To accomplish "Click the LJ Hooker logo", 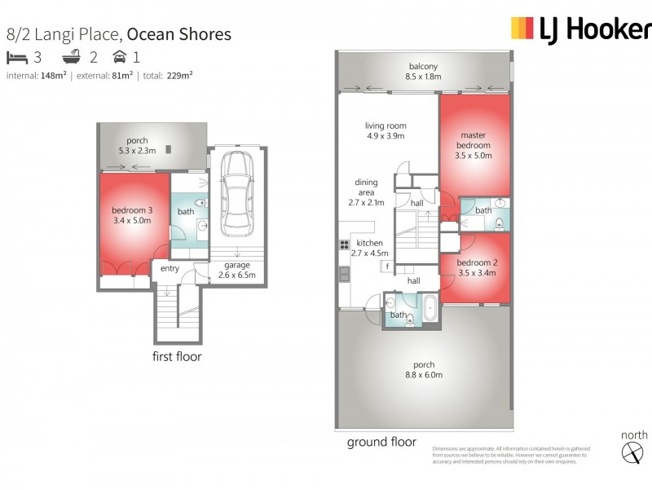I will coord(580,29).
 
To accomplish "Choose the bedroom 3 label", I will coord(132,215).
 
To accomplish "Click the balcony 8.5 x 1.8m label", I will coord(423,72).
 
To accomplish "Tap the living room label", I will coord(385,131).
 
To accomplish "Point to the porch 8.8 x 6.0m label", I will coord(424,370).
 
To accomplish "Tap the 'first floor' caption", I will coord(177,356).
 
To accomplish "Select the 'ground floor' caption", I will coord(381,442).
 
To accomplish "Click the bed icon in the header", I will coord(16,57).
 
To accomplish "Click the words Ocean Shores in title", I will coord(178,34).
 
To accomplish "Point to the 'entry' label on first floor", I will coord(170,269).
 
